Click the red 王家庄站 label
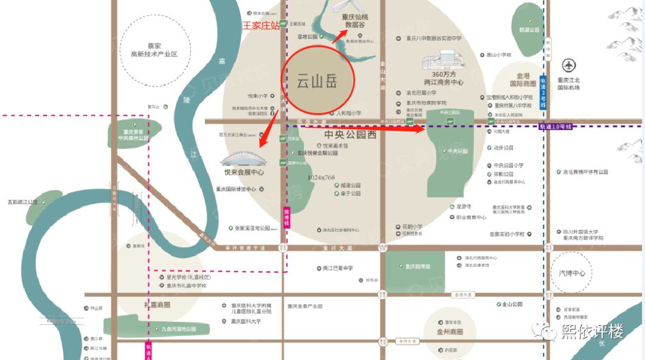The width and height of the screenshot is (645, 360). pyautogui.click(x=260, y=26)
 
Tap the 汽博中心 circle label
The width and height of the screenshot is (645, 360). pyautogui.click(x=572, y=273)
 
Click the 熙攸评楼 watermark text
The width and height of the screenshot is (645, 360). pyautogui.click(x=592, y=331)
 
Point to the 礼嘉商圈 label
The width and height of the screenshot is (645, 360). pyautogui.click(x=157, y=304)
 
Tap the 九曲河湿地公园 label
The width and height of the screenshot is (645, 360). pyautogui.click(x=179, y=329)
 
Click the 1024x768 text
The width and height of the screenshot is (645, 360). pyautogui.click(x=321, y=177)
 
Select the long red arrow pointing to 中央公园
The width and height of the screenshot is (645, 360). pyautogui.click(x=364, y=127)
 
